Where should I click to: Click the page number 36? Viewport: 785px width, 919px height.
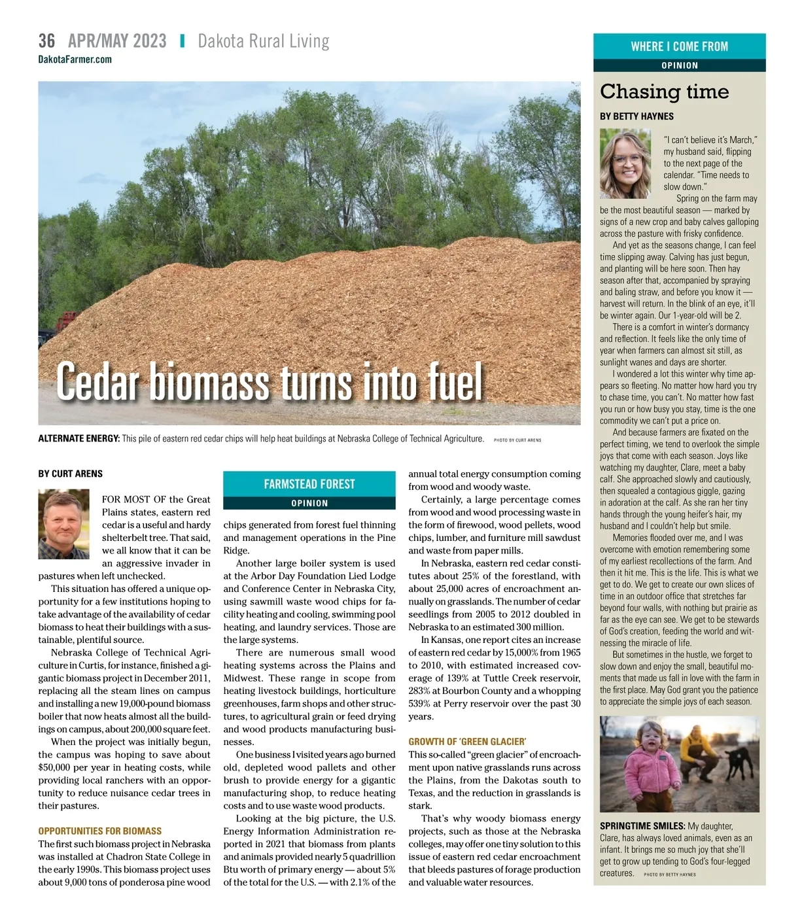coord(46,41)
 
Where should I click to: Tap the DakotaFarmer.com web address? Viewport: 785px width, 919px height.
coord(75,60)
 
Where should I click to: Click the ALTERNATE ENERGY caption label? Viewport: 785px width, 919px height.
coord(78,439)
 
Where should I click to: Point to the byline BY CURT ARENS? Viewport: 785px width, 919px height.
coord(70,474)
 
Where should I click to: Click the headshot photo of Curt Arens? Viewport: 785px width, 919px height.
coord(63,525)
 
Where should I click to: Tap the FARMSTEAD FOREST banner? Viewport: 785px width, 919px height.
coord(309,484)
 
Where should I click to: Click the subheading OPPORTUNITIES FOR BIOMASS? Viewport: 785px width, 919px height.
coord(99,831)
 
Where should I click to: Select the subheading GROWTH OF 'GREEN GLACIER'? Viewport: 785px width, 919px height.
coord(467,742)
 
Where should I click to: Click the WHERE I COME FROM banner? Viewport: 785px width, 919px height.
coord(679,46)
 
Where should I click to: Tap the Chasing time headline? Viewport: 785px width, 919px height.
coord(664,92)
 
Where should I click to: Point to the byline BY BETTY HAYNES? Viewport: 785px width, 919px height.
coord(637,116)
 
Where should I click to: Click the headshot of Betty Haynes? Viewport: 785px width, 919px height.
coord(625,164)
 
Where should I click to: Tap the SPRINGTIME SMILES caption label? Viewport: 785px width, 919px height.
coord(642,826)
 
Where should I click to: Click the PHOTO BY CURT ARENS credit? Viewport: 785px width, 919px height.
coord(517,440)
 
